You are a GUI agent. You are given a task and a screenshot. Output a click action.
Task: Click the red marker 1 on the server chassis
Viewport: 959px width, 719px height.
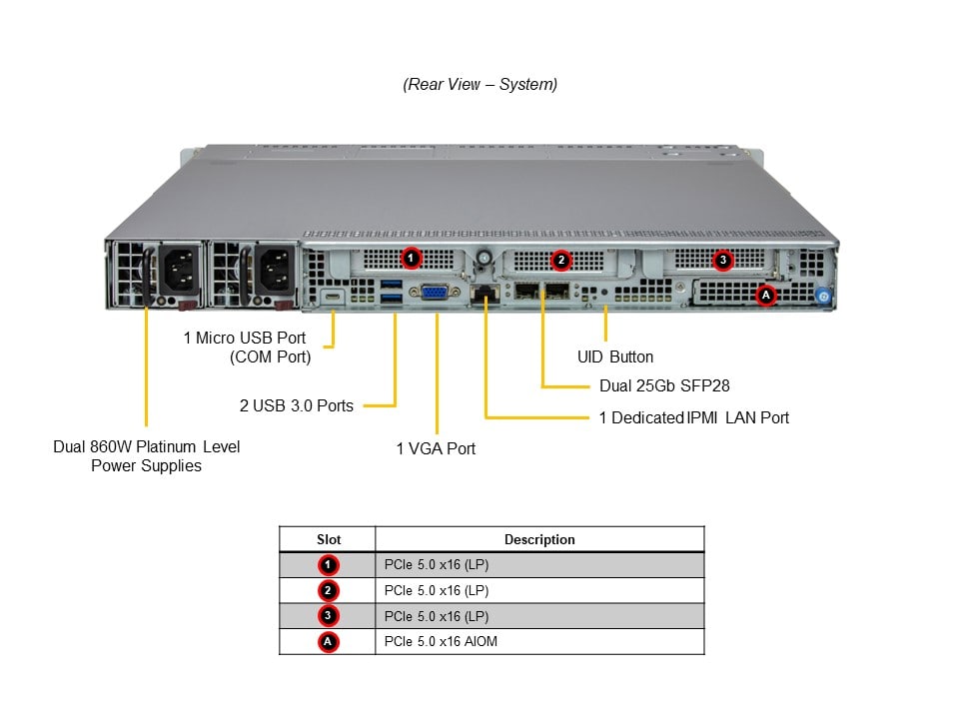[410, 259]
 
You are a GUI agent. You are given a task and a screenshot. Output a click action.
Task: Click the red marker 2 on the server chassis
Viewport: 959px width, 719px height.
[561, 260]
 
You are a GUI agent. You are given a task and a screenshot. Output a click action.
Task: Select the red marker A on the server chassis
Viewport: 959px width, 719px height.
[766, 295]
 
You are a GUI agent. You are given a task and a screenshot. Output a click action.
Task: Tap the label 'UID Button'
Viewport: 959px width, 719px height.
[615, 357]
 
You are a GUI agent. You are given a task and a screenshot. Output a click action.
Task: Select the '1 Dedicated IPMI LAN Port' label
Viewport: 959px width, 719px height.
[693, 417]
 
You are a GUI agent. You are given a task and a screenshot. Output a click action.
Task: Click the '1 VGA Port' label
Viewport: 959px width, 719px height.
[436, 448]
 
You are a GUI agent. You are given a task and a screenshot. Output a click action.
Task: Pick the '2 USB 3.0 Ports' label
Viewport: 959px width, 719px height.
[297, 405]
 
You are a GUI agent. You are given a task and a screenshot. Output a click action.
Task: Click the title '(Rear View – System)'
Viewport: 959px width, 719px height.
[480, 85]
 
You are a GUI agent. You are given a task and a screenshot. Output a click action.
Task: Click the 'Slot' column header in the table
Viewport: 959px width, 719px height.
[328, 539]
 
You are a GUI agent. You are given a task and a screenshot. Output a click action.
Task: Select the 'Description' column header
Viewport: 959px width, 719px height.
[539, 539]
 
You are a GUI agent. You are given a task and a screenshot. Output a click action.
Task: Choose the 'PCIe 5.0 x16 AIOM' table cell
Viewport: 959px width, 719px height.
[441, 641]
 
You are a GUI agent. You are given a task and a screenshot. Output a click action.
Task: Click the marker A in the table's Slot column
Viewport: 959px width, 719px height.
[328, 641]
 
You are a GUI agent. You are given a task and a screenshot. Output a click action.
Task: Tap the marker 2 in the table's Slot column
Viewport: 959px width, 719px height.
[328, 590]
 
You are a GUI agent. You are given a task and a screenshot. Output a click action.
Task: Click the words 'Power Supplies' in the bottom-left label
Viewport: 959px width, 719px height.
[146, 466]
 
